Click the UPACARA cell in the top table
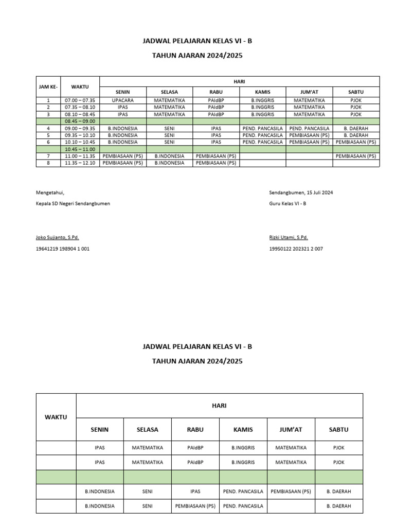[122, 100]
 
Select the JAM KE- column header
[48, 86]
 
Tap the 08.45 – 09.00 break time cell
[80, 121]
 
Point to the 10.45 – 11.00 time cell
[80, 149]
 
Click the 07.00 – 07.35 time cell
[80, 100]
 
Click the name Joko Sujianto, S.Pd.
[57, 237]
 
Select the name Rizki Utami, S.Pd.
[289, 237]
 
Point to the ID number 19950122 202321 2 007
[296, 249]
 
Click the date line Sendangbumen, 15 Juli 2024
[301, 192]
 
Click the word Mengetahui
[50, 192]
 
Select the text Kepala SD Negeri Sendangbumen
[73, 203]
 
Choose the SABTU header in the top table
[356, 92]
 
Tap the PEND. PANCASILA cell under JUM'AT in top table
[309, 128]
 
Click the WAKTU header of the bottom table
[56, 417]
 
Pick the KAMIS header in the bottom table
[243, 429]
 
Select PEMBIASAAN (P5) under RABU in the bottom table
[195, 506]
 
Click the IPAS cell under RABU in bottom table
[195, 491]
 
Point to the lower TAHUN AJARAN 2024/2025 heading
[197, 361]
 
